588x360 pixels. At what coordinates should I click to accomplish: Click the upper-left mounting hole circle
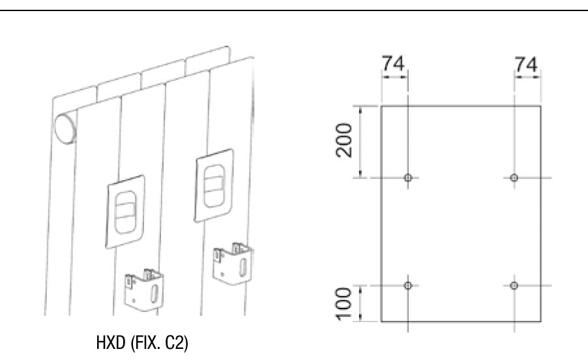[x=408, y=177]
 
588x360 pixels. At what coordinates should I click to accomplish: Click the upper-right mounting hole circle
[x=514, y=177]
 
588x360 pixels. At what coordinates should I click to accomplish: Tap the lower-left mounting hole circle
[x=408, y=286]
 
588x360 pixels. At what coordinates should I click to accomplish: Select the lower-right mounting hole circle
[x=514, y=286]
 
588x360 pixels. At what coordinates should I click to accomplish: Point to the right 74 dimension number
[x=526, y=64]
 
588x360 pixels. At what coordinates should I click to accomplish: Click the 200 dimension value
[x=344, y=140]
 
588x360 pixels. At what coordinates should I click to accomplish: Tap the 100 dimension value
[x=344, y=304]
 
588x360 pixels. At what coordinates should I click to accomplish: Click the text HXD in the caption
[x=111, y=342]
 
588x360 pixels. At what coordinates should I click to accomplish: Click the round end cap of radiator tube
[x=65, y=128]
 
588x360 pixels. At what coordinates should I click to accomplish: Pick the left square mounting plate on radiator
[x=125, y=211]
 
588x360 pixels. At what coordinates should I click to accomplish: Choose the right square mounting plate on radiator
[x=214, y=185]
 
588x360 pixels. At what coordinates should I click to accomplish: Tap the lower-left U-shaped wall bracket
[x=144, y=289]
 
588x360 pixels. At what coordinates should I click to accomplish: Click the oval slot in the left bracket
[x=154, y=293]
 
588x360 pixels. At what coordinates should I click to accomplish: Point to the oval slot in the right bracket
[x=243, y=266]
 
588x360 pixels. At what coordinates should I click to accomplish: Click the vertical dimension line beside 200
[x=360, y=142]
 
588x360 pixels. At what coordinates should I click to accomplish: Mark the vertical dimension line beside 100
[x=360, y=303]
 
